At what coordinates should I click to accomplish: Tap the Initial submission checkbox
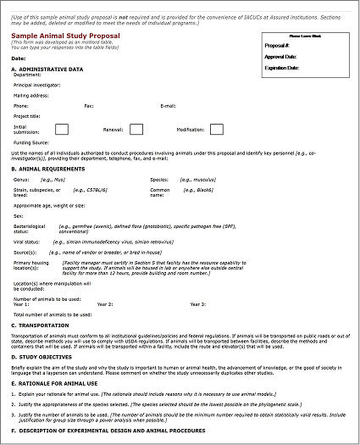(x=62, y=130)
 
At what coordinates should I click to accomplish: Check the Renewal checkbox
(x=136, y=130)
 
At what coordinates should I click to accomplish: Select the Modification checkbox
(x=216, y=130)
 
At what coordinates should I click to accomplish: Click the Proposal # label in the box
(x=277, y=46)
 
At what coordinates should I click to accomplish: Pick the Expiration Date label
(x=283, y=66)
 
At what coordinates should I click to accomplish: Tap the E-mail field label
(x=168, y=106)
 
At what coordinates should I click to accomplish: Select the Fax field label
(x=89, y=106)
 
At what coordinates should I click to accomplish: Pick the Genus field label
(x=22, y=180)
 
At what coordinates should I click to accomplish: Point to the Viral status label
(x=26, y=242)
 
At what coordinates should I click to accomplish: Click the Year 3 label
(x=197, y=303)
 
